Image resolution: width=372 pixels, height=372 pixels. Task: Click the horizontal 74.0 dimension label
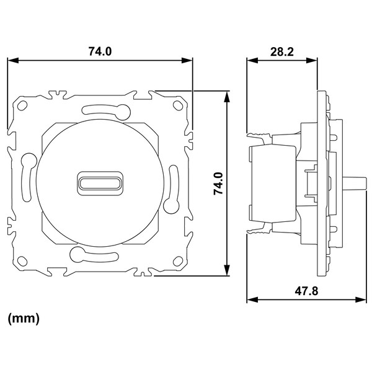[100, 51]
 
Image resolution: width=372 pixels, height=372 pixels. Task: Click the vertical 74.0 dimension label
[218, 184]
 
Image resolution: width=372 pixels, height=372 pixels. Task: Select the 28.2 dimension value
[282, 51]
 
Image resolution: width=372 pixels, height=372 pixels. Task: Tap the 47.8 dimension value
[306, 291]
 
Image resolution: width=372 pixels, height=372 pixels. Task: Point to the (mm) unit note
[24, 319]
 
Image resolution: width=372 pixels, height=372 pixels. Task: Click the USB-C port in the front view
[100, 184]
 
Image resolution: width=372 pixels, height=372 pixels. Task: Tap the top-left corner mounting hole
[22, 105]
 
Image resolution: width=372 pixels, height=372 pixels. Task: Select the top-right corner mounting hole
[178, 105]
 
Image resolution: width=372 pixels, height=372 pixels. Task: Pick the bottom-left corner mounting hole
[22, 261]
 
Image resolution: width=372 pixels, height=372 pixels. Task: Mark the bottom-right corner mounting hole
[178, 261]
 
